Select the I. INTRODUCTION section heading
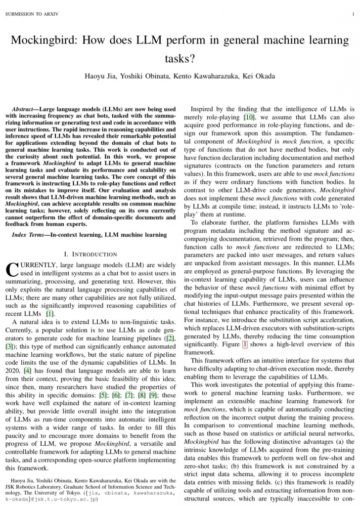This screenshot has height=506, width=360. (91, 254)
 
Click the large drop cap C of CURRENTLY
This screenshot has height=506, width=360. (11, 269)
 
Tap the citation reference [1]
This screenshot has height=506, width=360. (50, 313)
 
